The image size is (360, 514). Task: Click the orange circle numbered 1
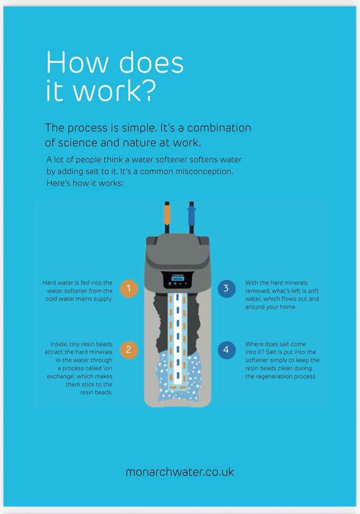click(x=129, y=288)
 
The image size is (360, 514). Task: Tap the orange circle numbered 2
click(x=129, y=350)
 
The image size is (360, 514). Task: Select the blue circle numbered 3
click(x=226, y=288)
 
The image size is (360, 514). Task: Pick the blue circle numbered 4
click(x=226, y=350)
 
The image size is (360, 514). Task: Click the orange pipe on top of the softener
click(x=167, y=215)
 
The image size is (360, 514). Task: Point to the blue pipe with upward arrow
click(x=192, y=215)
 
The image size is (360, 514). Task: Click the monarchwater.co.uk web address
click(x=180, y=472)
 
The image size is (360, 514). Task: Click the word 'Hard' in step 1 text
click(x=49, y=283)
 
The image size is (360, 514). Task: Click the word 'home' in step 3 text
click(x=289, y=307)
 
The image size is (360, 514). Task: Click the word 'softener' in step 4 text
click(x=256, y=360)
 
